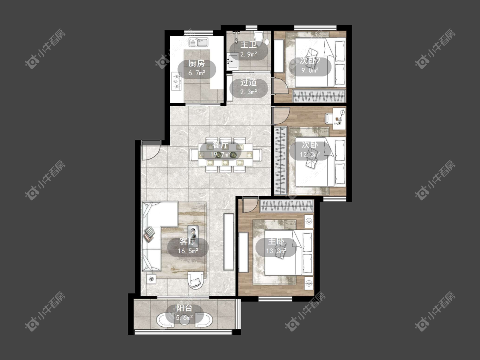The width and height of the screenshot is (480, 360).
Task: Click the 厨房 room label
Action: [x=196, y=64]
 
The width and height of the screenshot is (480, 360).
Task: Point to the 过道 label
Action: [x=248, y=82]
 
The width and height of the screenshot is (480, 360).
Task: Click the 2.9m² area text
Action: [x=248, y=55]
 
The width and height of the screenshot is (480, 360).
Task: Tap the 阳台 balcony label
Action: [x=184, y=308]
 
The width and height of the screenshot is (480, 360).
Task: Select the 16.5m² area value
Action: [x=188, y=251]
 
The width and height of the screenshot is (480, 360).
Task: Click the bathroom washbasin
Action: [x=232, y=61]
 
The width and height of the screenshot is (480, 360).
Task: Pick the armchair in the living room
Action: [x=195, y=279]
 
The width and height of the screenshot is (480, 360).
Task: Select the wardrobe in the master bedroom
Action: [x=287, y=206]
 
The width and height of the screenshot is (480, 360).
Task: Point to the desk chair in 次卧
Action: [x=329, y=118]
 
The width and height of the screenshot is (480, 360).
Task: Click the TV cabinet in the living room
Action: [x=228, y=241]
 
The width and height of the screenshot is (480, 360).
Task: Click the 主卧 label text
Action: [x=276, y=241]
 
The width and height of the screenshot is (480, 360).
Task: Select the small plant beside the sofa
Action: [x=151, y=279]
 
